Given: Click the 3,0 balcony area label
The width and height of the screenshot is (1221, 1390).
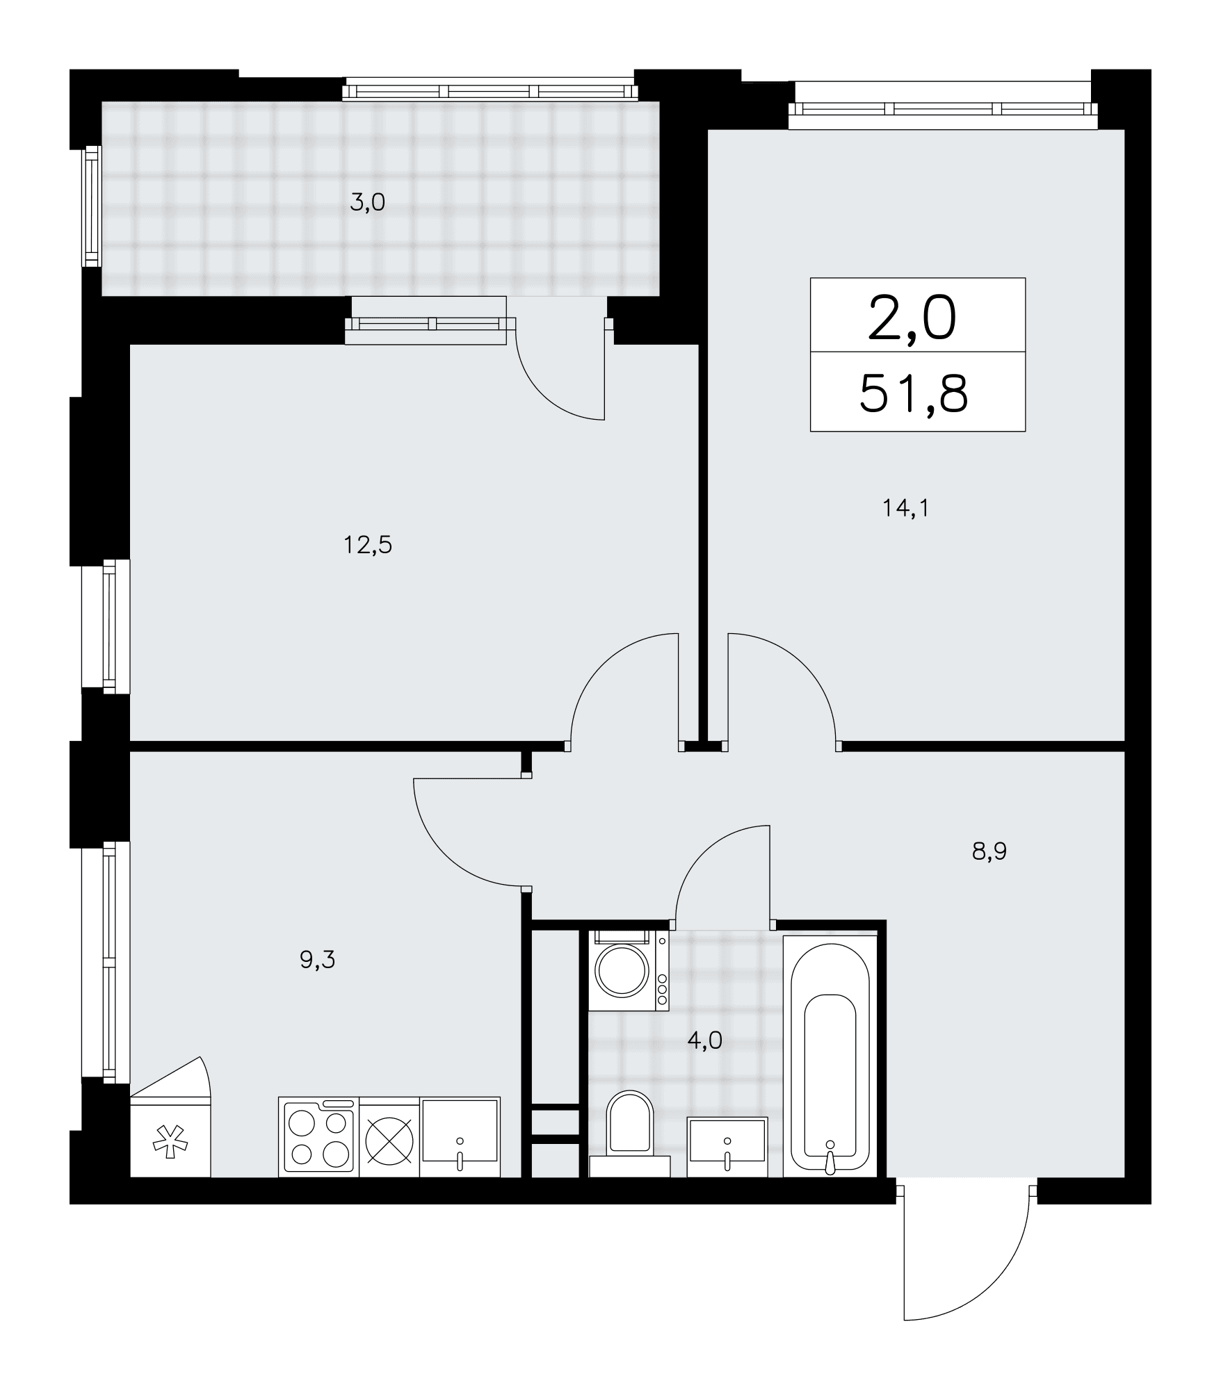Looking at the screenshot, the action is [x=367, y=204].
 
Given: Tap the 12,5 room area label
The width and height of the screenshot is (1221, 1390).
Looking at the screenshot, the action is [x=367, y=546].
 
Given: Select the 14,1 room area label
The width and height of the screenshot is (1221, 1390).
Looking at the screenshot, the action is [x=905, y=509].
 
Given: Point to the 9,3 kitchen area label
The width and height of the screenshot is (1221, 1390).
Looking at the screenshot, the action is [x=317, y=960].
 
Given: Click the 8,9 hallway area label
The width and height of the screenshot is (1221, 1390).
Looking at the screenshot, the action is [x=989, y=851].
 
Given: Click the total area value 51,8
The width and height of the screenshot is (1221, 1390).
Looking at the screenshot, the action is [x=914, y=394].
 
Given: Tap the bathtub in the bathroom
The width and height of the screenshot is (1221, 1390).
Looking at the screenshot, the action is [x=830, y=1056].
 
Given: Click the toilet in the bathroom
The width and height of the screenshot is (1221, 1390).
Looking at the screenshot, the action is [x=629, y=1136].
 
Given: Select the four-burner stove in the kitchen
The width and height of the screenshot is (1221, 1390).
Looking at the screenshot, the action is [x=318, y=1137].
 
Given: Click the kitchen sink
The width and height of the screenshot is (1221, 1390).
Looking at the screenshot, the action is [x=460, y=1137].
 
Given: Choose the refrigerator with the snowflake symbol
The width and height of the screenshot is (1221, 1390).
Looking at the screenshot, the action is [x=170, y=1124].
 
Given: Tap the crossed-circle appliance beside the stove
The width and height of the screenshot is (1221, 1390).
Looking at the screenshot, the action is [x=389, y=1137].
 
